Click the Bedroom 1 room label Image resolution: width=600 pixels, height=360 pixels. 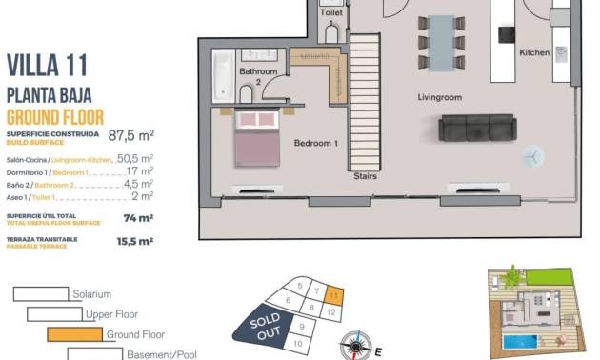[x=316, y=143]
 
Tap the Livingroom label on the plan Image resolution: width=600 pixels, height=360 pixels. [x=439, y=97]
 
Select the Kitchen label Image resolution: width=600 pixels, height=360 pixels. [x=534, y=53]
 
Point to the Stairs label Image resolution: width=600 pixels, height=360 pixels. [x=365, y=176]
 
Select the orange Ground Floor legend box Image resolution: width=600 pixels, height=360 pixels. [x=74, y=334]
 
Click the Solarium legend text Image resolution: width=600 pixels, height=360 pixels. [x=92, y=294]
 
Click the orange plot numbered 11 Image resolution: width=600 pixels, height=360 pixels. [x=332, y=296]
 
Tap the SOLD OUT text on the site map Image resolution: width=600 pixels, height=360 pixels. [x=267, y=326]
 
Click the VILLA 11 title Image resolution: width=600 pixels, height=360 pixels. [x=48, y=65]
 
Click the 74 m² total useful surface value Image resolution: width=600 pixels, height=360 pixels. [x=138, y=217]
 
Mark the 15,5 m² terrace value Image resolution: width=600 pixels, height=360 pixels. [x=134, y=242]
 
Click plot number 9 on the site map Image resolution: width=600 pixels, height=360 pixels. [x=300, y=327]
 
